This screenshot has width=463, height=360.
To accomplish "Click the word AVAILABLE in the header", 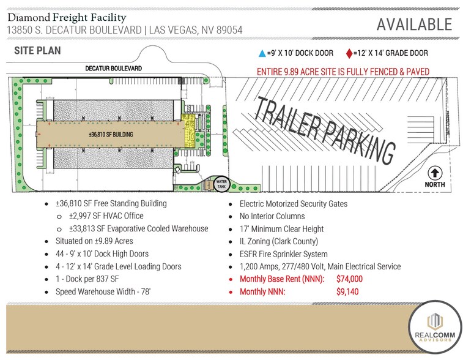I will point(414,24).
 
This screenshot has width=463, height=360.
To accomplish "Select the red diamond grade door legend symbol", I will point(349,53).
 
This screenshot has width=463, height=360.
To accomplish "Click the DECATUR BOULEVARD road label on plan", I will point(113,69).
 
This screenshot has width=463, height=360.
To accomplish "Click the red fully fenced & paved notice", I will point(343,72).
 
